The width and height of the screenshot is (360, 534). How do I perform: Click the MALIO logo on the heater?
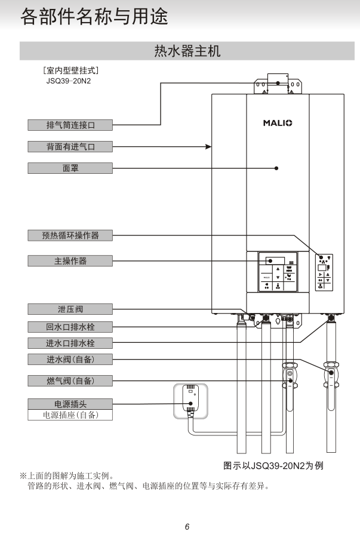click(278, 123)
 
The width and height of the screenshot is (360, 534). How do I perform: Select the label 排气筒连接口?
click(70, 125)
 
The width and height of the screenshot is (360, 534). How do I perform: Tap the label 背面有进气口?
click(70, 146)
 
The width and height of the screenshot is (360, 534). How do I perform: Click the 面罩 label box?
click(70, 168)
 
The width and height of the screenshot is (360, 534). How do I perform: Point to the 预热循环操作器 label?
click(70, 235)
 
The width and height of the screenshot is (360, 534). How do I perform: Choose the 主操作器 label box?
click(70, 260)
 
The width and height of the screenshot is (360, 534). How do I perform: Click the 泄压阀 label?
click(70, 309)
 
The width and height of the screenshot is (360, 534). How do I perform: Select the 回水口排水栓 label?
click(70, 327)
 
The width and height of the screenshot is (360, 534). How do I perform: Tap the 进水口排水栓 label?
click(70, 343)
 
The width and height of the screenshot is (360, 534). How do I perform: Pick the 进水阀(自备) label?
click(70, 359)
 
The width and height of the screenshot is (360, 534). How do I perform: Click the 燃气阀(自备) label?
click(70, 380)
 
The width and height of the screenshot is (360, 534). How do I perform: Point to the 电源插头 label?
click(70, 404)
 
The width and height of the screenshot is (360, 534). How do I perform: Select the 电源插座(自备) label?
click(70, 415)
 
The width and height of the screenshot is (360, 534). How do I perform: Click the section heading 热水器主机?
click(187, 51)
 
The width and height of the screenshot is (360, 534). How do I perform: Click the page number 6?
click(187, 526)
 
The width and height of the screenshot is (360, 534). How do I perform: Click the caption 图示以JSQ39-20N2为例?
click(277, 465)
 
